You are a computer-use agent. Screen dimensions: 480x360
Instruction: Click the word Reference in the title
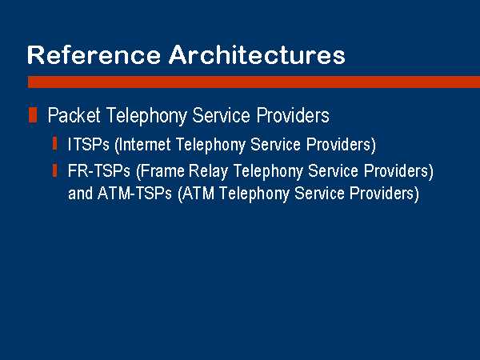(x=94, y=54)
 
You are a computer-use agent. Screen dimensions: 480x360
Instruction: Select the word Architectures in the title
(x=257, y=54)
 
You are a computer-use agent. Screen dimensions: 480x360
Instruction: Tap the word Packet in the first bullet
(x=74, y=115)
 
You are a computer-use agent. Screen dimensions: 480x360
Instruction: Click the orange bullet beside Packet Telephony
(x=33, y=114)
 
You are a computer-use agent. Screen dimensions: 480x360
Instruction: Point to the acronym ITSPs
(x=89, y=144)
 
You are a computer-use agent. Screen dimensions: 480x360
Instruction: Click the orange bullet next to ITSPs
(x=54, y=144)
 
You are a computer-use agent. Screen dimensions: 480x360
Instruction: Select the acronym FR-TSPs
(x=99, y=170)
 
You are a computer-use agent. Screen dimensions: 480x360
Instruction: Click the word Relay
(x=209, y=171)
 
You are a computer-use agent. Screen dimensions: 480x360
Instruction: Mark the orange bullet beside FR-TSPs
(x=54, y=170)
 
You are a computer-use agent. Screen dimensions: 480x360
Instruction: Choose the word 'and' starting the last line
(x=80, y=193)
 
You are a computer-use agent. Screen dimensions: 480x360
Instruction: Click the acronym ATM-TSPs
(x=134, y=193)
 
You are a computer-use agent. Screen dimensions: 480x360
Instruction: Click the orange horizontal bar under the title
(x=254, y=82)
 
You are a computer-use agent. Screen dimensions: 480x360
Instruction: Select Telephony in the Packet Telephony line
(x=146, y=116)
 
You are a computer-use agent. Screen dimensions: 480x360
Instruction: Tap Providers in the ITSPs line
(x=341, y=145)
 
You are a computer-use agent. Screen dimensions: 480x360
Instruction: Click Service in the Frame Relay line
(x=333, y=170)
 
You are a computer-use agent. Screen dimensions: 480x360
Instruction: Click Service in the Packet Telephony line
(x=222, y=115)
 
